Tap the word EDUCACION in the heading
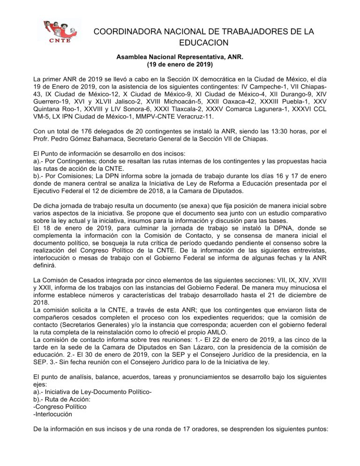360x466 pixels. click(203, 43)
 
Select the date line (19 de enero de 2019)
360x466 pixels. click(180, 64)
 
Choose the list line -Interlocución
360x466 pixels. click(53, 414)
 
